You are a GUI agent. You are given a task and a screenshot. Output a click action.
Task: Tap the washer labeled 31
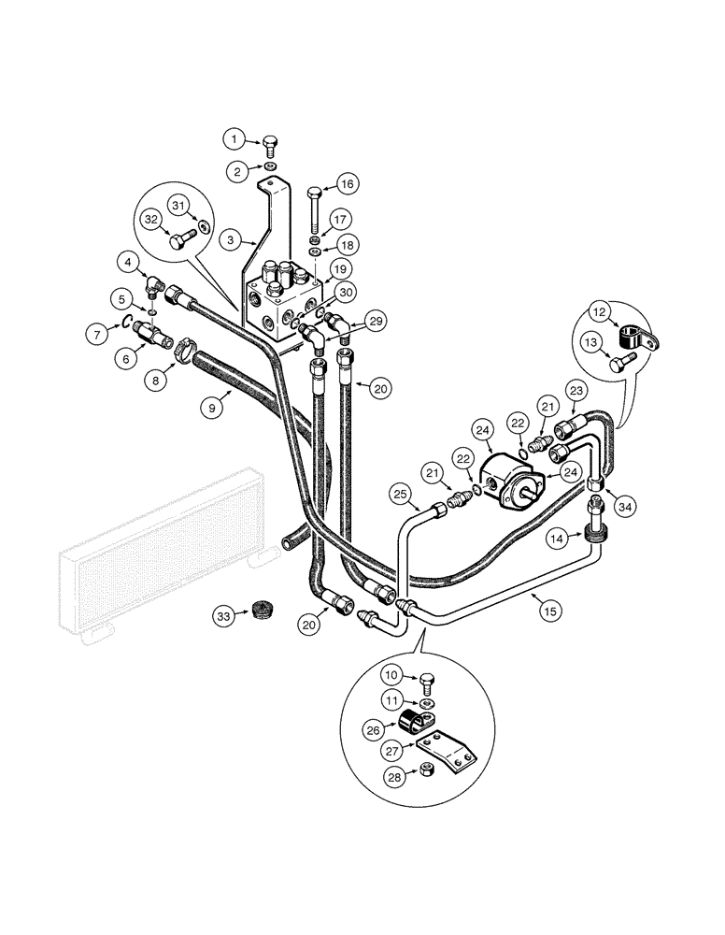click(205, 228)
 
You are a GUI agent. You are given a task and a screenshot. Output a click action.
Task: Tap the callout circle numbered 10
click(392, 674)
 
